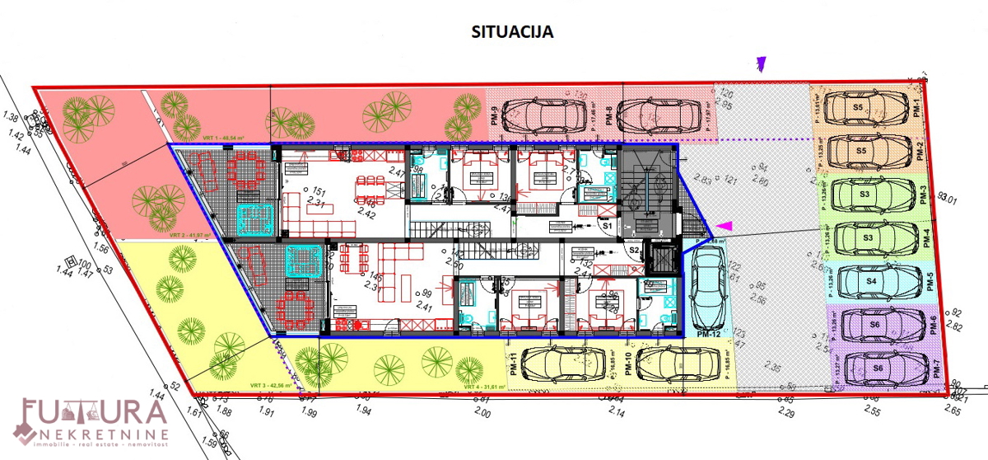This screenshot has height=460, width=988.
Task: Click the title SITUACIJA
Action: coord(511,33)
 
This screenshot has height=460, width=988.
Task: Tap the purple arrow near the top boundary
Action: coord(762,63)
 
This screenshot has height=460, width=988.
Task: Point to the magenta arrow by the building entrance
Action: coord(723,225)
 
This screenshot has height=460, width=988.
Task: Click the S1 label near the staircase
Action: coord(608,224)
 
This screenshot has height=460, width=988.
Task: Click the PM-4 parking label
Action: coord(926,238)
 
